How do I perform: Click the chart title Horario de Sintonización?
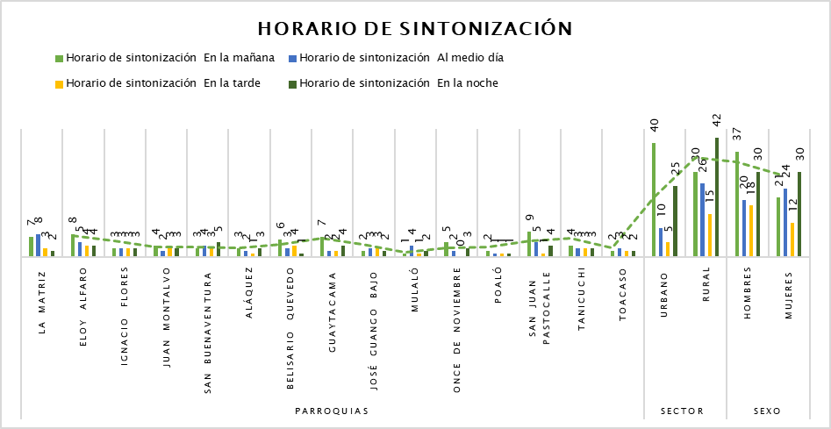point(415,29)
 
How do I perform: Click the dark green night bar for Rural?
point(717,197)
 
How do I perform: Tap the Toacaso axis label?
point(623,302)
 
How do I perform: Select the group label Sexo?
point(770,411)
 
